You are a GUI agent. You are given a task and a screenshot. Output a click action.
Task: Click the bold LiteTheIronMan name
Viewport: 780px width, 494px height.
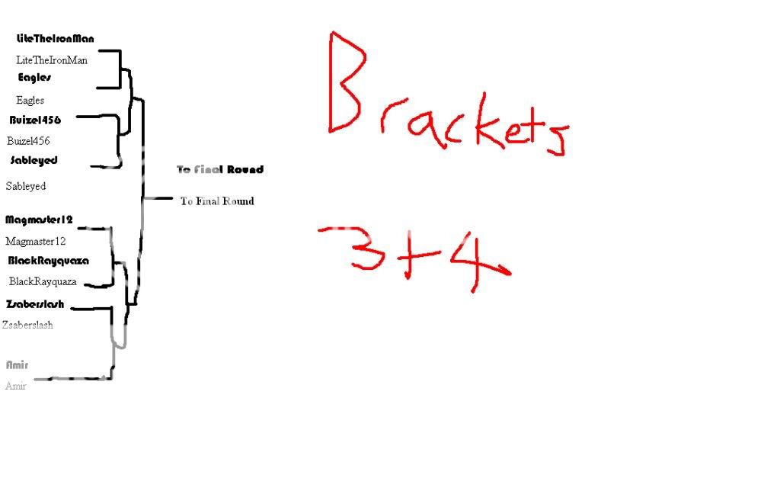point(55,38)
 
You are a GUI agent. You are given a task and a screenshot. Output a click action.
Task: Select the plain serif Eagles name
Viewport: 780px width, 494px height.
point(30,100)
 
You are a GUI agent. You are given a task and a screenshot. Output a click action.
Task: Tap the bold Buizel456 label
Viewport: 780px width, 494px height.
point(35,120)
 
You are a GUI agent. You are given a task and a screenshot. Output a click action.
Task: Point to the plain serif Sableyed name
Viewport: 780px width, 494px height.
point(26,186)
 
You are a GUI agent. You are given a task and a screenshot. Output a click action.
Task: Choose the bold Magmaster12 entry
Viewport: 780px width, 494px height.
point(39,220)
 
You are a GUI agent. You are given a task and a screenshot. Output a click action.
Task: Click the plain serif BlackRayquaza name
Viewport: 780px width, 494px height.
point(43,281)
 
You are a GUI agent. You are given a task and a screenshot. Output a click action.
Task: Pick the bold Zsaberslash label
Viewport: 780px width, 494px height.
point(35,304)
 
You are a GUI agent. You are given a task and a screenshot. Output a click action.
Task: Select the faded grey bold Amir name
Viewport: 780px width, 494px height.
point(17,365)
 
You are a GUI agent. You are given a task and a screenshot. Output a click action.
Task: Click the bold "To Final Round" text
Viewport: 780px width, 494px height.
point(220,169)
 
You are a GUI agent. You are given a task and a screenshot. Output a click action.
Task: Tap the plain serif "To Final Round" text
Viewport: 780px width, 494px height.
point(217,201)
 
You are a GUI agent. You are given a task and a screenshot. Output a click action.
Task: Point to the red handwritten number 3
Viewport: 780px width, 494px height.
point(371,249)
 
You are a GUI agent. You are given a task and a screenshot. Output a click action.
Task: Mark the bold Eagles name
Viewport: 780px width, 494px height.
point(34,78)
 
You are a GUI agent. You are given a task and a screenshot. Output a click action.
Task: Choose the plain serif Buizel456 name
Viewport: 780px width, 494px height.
point(29,141)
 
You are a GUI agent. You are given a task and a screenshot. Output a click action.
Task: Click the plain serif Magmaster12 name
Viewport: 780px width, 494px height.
point(36,242)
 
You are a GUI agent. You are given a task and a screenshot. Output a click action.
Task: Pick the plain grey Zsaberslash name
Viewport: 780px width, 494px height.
point(28,325)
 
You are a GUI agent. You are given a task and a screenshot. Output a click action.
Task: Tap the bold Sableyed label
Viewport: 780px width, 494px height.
point(34,161)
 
